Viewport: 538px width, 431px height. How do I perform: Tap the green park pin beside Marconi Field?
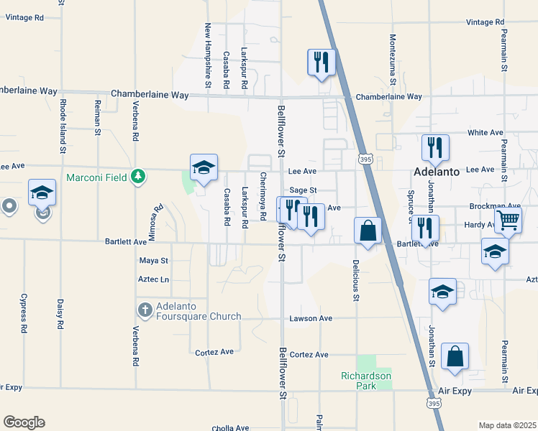point(138,176)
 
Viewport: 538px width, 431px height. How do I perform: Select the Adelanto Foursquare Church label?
point(191,310)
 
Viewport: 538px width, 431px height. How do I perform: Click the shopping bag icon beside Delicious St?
point(368,231)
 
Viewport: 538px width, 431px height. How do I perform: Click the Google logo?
point(24,422)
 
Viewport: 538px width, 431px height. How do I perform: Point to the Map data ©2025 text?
point(507,425)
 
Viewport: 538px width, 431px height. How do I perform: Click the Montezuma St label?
point(393,59)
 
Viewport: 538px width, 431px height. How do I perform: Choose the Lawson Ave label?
point(311,318)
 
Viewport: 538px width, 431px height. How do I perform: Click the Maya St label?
point(153,260)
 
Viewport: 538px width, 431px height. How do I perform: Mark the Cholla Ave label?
point(232,428)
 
